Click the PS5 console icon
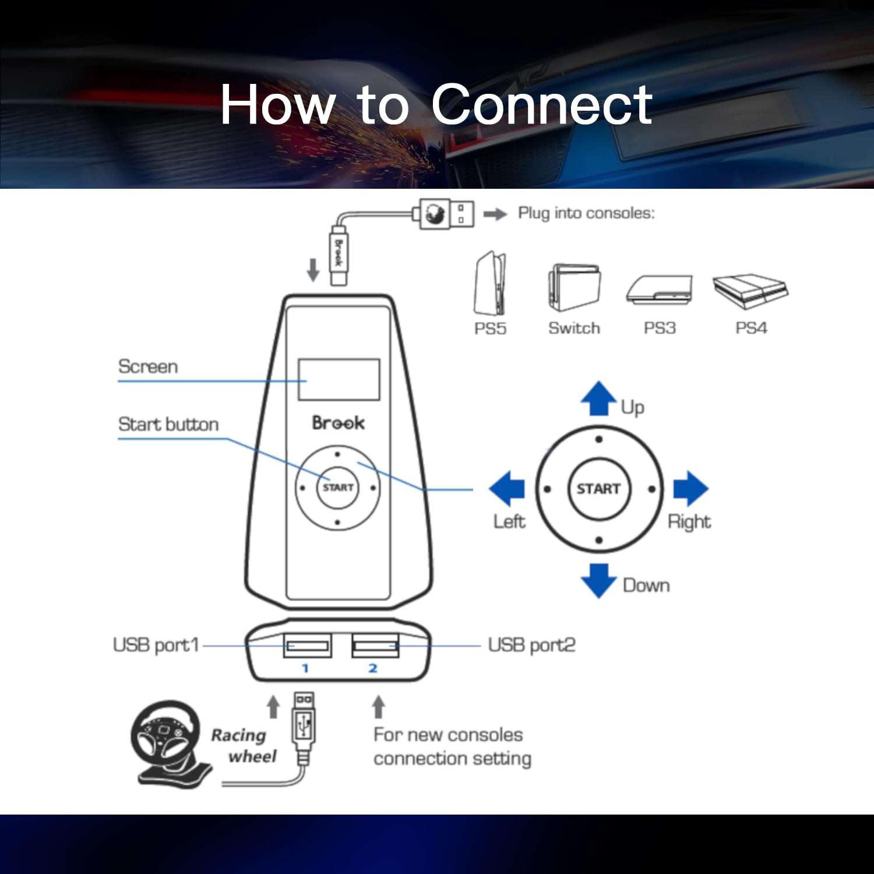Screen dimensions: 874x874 click(x=490, y=284)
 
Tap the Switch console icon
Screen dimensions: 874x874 click(x=574, y=288)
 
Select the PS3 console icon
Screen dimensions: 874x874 click(x=660, y=290)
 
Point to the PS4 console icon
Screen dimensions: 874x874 click(x=750, y=291)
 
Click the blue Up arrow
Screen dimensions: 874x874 click(x=598, y=399)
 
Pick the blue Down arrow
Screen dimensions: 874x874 click(x=598, y=580)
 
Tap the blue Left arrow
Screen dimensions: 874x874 click(x=507, y=488)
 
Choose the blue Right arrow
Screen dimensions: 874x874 click(x=690, y=488)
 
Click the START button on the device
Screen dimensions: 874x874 click(x=337, y=487)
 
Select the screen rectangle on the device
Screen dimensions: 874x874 click(x=339, y=379)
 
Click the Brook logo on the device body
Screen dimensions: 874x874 click(x=338, y=422)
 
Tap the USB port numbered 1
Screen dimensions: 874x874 click(x=307, y=645)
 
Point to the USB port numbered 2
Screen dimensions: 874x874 click(x=376, y=645)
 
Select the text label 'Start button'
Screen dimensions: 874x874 click(x=168, y=424)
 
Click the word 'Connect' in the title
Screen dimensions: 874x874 click(x=542, y=104)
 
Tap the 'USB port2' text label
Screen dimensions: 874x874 click(x=531, y=645)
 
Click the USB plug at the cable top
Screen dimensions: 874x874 click(x=444, y=213)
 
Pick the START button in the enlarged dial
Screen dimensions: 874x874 click(x=598, y=488)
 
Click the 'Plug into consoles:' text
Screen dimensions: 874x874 click(x=586, y=213)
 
